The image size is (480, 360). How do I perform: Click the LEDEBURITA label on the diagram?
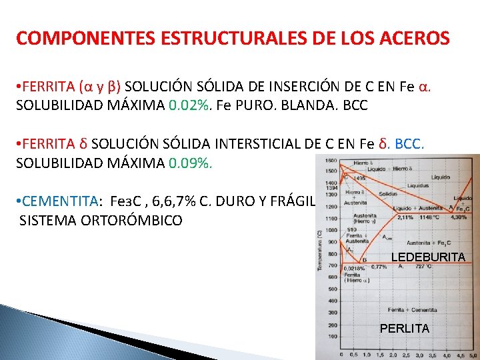(x=428, y=257)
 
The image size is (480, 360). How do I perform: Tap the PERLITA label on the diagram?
(x=405, y=329)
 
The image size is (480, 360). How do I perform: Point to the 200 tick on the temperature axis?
(x=332, y=325)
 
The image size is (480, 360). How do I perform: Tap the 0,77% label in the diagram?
(x=379, y=266)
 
